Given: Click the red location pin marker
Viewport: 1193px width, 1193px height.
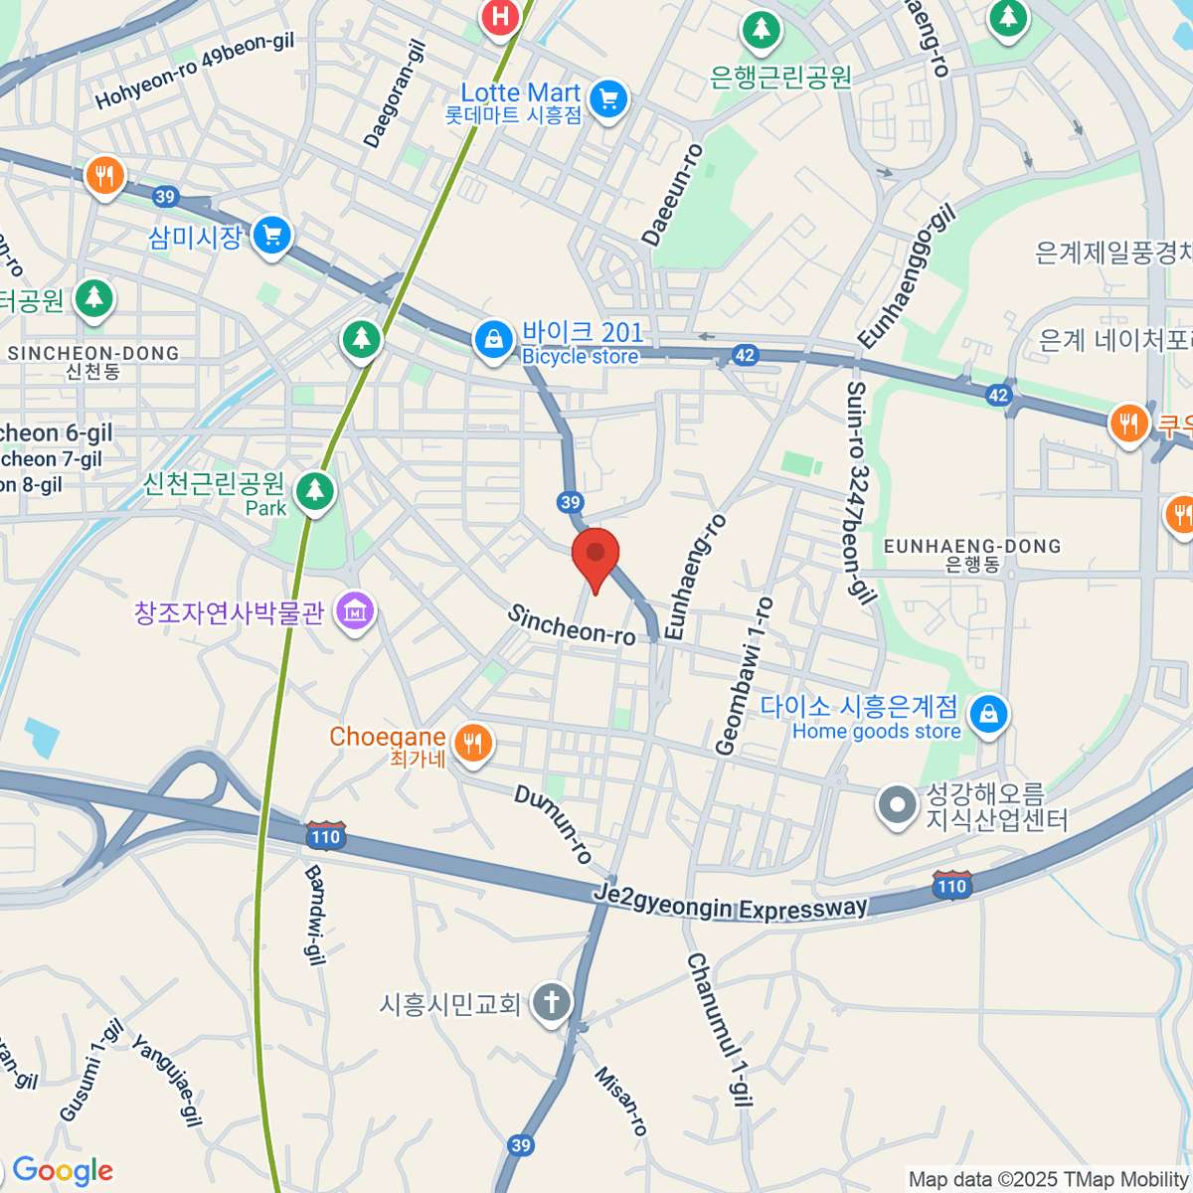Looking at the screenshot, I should coord(596,555).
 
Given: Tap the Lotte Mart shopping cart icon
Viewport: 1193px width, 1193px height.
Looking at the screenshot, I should coord(608,99).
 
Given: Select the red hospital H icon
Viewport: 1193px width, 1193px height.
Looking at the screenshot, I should coord(501,17).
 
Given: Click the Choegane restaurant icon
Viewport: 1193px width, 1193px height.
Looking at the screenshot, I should coord(473,742).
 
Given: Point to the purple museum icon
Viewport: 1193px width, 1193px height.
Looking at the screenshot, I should coord(355,611).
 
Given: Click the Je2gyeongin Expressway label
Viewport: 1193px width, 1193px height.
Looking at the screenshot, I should coord(731,904).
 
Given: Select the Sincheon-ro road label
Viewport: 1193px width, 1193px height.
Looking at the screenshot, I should coord(572,624).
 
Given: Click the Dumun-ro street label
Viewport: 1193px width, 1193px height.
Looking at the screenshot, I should coord(554,823).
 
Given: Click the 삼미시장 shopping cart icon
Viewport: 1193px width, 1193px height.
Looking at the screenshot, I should coord(272,236).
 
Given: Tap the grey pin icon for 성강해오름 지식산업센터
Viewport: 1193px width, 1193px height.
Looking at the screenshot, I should coord(897,806).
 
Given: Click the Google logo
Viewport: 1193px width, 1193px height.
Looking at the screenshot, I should coord(63,1171).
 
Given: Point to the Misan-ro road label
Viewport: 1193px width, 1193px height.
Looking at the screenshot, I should coord(622,1102).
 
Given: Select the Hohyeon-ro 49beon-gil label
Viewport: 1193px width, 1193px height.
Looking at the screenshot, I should coord(195,70).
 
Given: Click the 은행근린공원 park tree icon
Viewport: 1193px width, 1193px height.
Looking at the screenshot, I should coord(762,30).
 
